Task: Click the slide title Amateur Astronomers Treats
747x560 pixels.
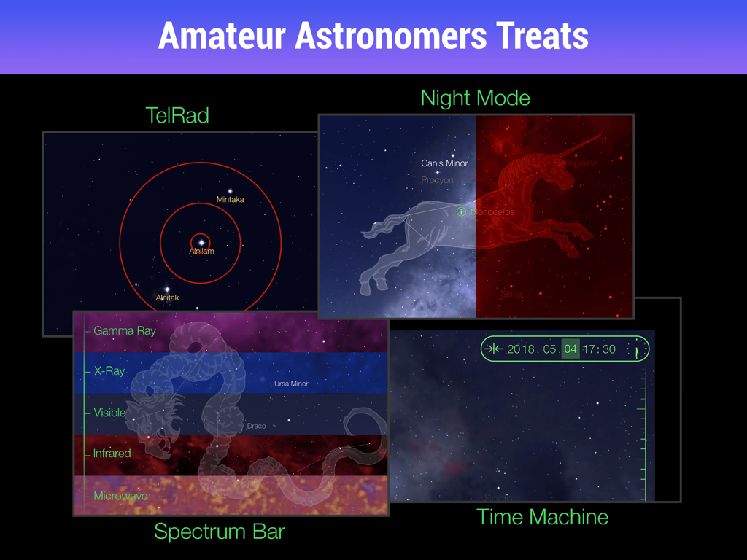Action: coord(373,36)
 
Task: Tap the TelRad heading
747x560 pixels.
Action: coord(177,115)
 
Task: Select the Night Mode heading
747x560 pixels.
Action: coord(475,98)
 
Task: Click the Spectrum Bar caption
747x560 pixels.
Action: coord(219,532)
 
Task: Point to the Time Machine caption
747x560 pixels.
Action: coord(542,517)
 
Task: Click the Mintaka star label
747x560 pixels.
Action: coord(230,199)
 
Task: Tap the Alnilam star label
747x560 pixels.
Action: coord(201,252)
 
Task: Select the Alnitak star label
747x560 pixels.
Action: coord(167,297)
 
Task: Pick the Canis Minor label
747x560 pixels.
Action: coord(444,163)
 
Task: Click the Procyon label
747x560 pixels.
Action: coord(437,180)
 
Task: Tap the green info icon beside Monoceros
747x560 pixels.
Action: coord(461,212)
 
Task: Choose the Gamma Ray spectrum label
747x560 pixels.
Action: coord(124,331)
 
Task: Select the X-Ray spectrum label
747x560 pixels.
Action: coord(109,371)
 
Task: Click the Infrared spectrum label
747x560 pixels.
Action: coord(112,454)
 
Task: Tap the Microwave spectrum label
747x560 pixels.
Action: coord(120,496)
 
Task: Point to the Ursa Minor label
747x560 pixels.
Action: coord(291,384)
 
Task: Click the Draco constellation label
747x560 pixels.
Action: coord(256,426)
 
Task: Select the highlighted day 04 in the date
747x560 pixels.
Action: coord(570,349)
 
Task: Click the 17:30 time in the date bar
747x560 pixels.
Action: coord(600,349)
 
